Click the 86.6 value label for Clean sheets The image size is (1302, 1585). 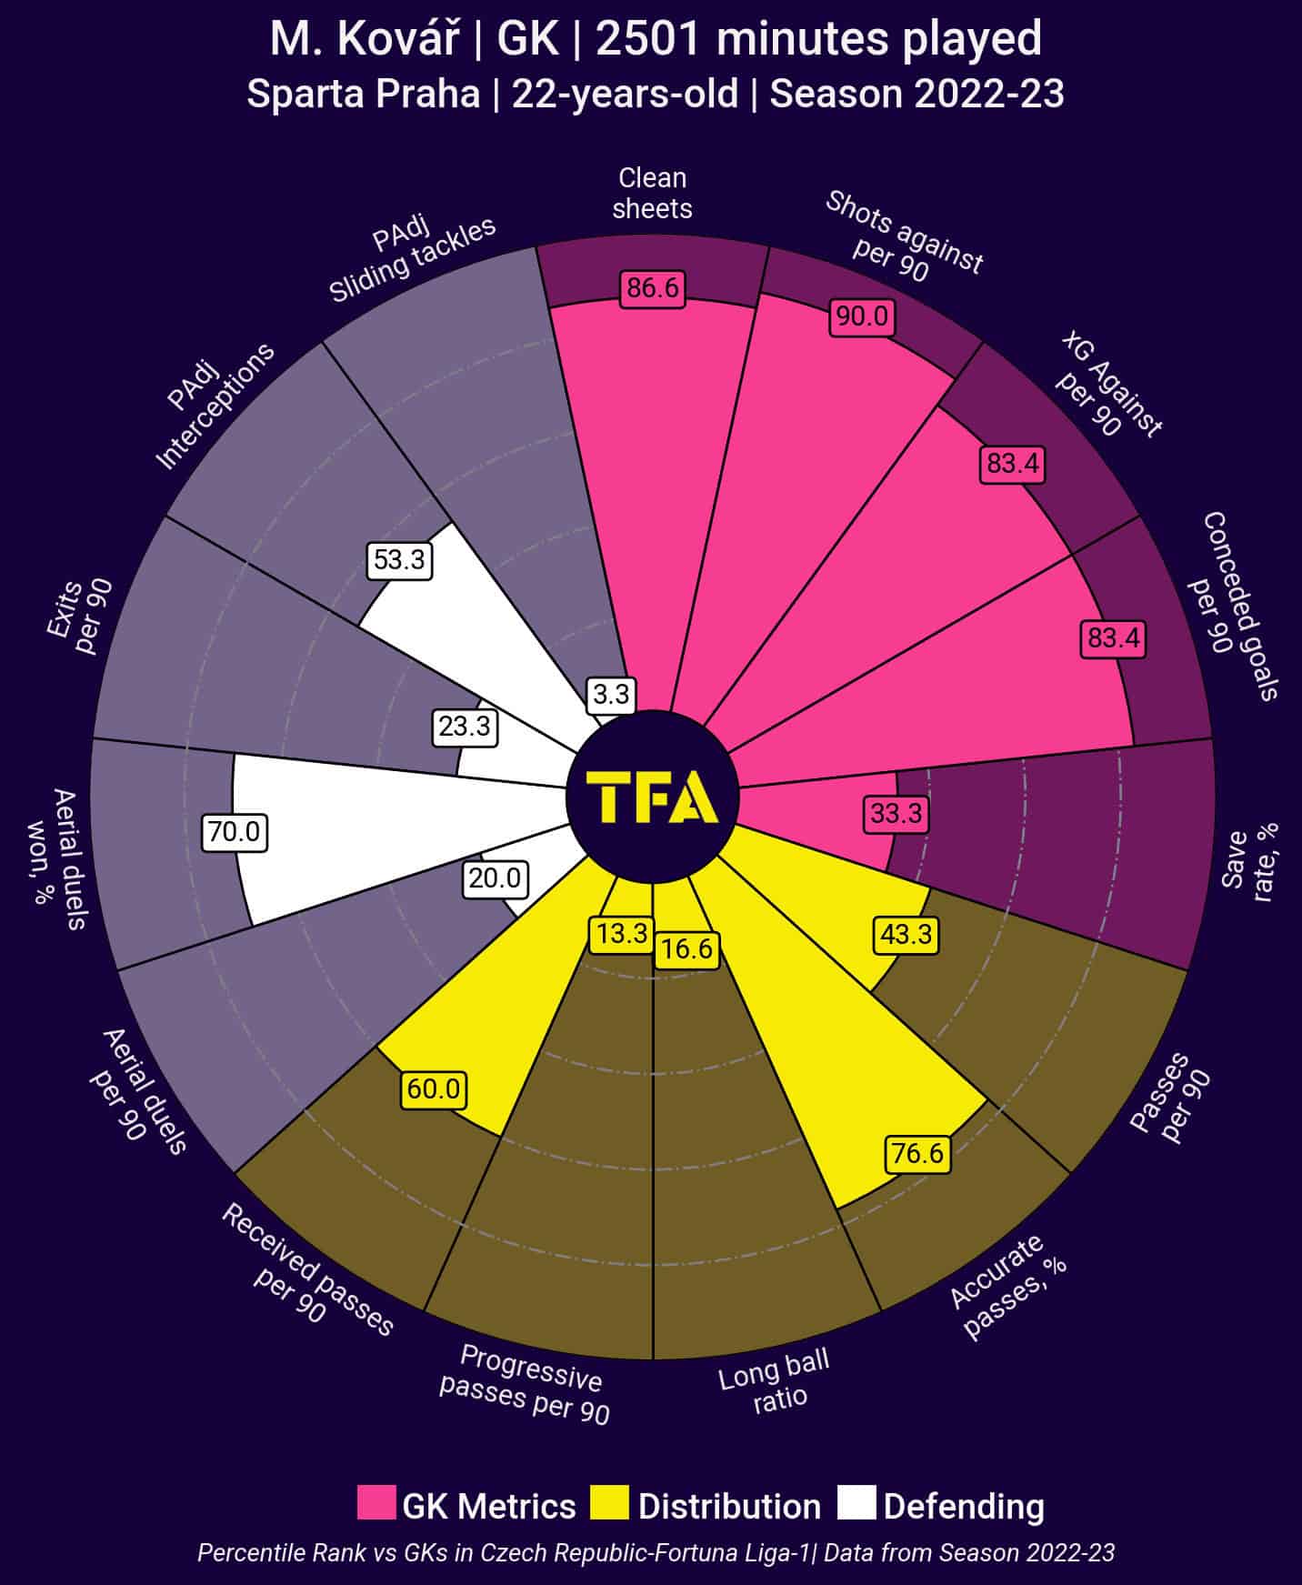[x=653, y=288]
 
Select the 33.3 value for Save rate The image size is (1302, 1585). [x=896, y=813]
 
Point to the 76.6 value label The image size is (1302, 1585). [x=917, y=1153]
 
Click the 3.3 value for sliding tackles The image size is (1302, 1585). [x=611, y=695]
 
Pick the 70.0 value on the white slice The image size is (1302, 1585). [x=235, y=831]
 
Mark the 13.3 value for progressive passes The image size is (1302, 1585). [x=622, y=934]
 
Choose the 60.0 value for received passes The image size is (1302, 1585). [x=434, y=1088]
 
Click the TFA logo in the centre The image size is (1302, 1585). [x=652, y=798]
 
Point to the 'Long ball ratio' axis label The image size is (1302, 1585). [x=775, y=1380]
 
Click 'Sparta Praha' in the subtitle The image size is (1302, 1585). [x=364, y=95]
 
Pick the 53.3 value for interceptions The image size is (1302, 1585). [x=399, y=559]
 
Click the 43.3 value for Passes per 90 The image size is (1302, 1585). [x=906, y=934]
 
